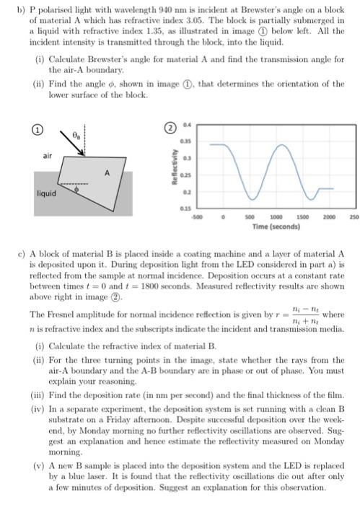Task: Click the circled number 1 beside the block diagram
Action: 32,131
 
